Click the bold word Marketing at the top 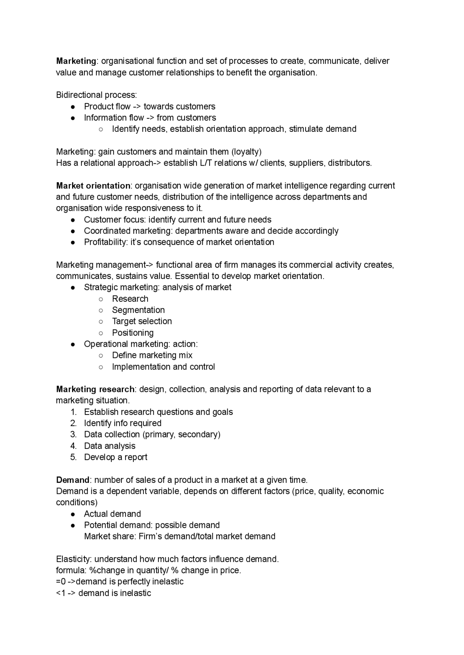point(76,61)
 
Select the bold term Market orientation point(93,185)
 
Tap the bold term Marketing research point(95,389)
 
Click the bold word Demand point(72,480)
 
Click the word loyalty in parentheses point(246,151)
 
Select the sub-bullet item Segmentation point(138,310)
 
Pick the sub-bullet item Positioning point(133,333)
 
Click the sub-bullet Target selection point(142,321)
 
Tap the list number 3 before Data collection point(73,434)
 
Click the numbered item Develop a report point(116,457)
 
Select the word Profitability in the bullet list point(105,242)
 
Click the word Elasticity point(74,559)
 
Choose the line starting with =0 point(120,581)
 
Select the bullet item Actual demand point(112,514)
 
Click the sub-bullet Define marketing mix point(152,355)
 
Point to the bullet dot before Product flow point(73,107)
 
